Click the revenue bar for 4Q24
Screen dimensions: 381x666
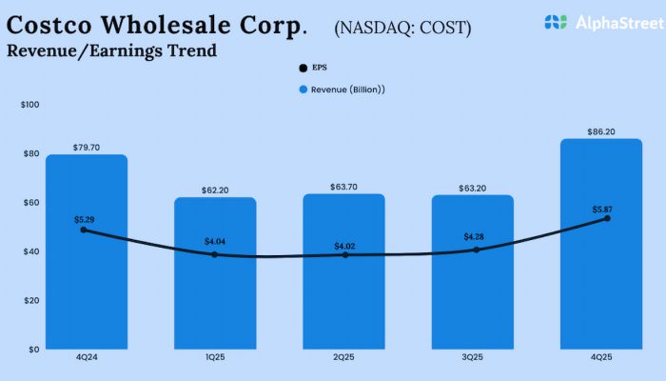(x=87, y=286)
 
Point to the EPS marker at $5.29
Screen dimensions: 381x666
(x=84, y=230)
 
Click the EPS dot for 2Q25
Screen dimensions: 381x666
(x=345, y=255)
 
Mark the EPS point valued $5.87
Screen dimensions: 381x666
(x=607, y=218)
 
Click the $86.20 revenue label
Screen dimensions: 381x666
(x=601, y=131)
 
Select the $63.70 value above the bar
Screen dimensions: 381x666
(x=345, y=188)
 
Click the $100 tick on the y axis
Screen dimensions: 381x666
(x=29, y=105)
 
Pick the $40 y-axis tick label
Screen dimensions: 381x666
(x=31, y=251)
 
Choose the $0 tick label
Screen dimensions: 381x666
(x=33, y=349)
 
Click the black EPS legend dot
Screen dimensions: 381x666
(x=304, y=69)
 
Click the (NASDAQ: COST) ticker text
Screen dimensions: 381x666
(x=402, y=28)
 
